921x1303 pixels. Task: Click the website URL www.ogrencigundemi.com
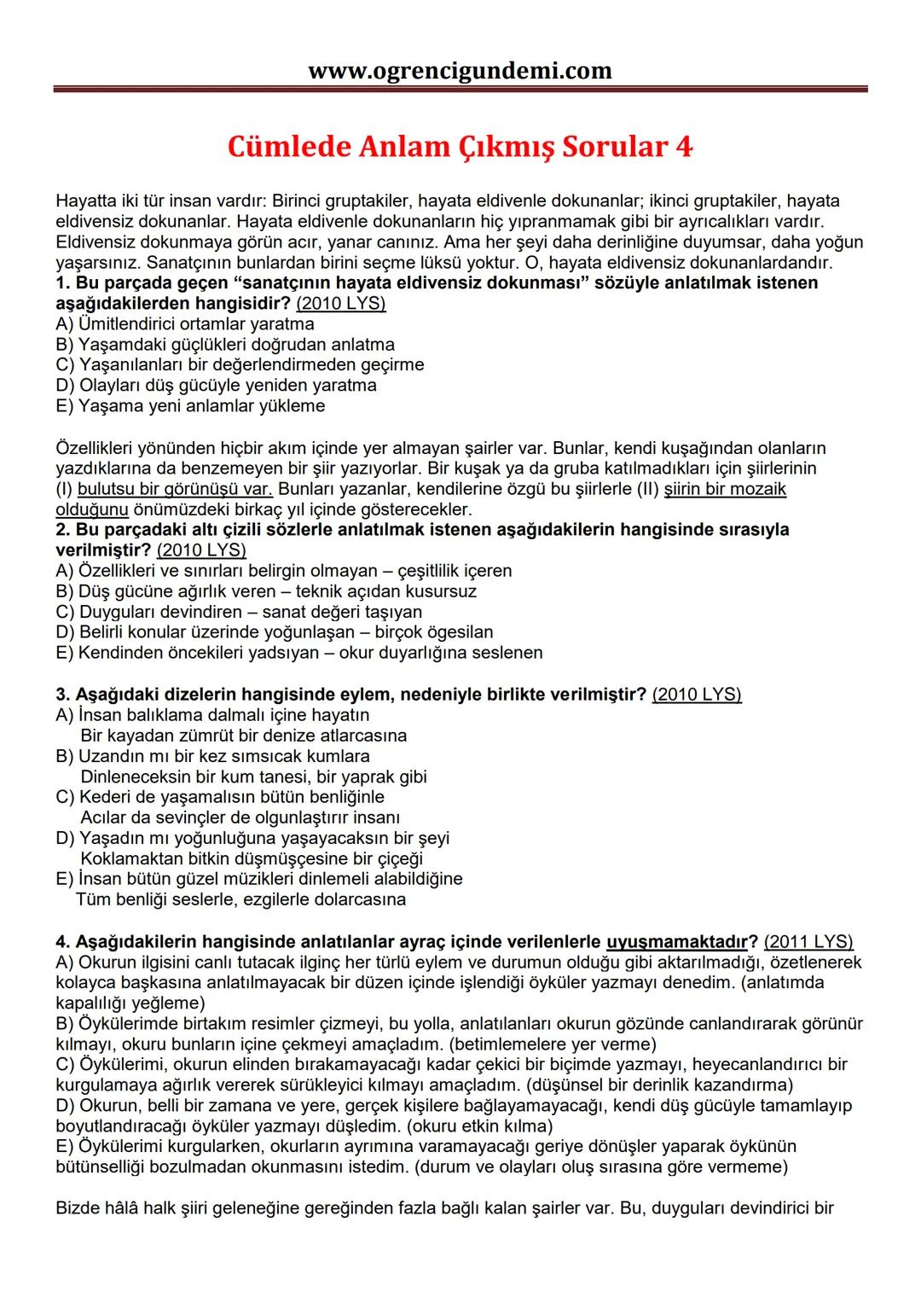pos(460,70)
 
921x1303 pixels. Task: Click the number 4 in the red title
pos(683,147)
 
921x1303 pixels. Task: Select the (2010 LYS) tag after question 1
pos(340,304)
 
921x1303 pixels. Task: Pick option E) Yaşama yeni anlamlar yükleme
pos(190,406)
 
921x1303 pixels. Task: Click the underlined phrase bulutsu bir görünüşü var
pos(175,489)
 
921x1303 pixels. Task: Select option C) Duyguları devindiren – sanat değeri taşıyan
pos(239,612)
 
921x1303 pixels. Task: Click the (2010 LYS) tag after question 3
pos(697,695)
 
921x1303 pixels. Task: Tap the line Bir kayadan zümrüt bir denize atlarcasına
pos(243,736)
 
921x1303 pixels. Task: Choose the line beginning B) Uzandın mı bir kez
pos(213,756)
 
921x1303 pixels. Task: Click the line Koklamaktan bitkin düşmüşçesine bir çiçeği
pos(251,858)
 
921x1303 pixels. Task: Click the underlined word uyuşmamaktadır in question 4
pos(676,942)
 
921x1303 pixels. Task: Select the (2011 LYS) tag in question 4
pos(808,942)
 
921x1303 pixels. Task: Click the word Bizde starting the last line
pos(78,1208)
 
